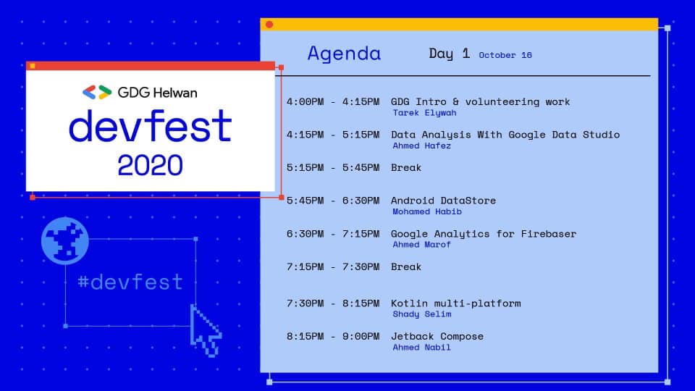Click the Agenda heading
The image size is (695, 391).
(344, 54)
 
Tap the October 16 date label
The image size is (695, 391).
(505, 55)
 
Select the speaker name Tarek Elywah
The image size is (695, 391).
(424, 113)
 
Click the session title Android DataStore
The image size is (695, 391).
(443, 201)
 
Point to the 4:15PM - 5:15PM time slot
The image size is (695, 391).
(333, 135)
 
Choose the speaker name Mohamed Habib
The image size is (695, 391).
(427, 211)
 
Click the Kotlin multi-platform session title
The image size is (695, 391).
(455, 303)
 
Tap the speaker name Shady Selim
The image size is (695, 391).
(421, 314)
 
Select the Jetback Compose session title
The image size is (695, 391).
(437, 337)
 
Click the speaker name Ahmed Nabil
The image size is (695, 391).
(421, 347)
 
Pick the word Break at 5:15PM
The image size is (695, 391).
(406, 167)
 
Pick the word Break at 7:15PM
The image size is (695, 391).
(406, 267)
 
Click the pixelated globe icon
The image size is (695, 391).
(65, 240)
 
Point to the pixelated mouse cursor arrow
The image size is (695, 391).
(205, 330)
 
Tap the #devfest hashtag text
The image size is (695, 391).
(130, 282)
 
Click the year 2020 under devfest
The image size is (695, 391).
(151, 165)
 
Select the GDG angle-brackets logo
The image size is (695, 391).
(96, 92)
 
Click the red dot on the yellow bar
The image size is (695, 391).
(269, 25)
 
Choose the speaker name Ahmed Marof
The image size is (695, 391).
(421, 244)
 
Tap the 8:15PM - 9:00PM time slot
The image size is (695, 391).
(333, 337)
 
